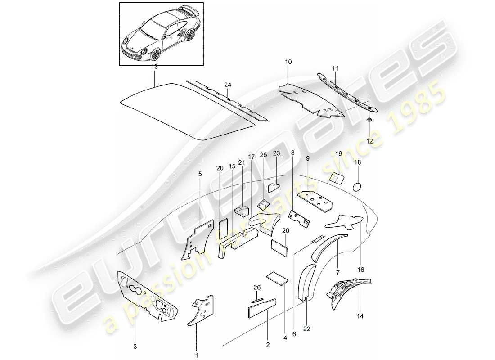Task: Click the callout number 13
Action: click(154, 66)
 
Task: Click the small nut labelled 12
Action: click(369, 120)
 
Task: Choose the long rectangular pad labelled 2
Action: click(263, 310)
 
